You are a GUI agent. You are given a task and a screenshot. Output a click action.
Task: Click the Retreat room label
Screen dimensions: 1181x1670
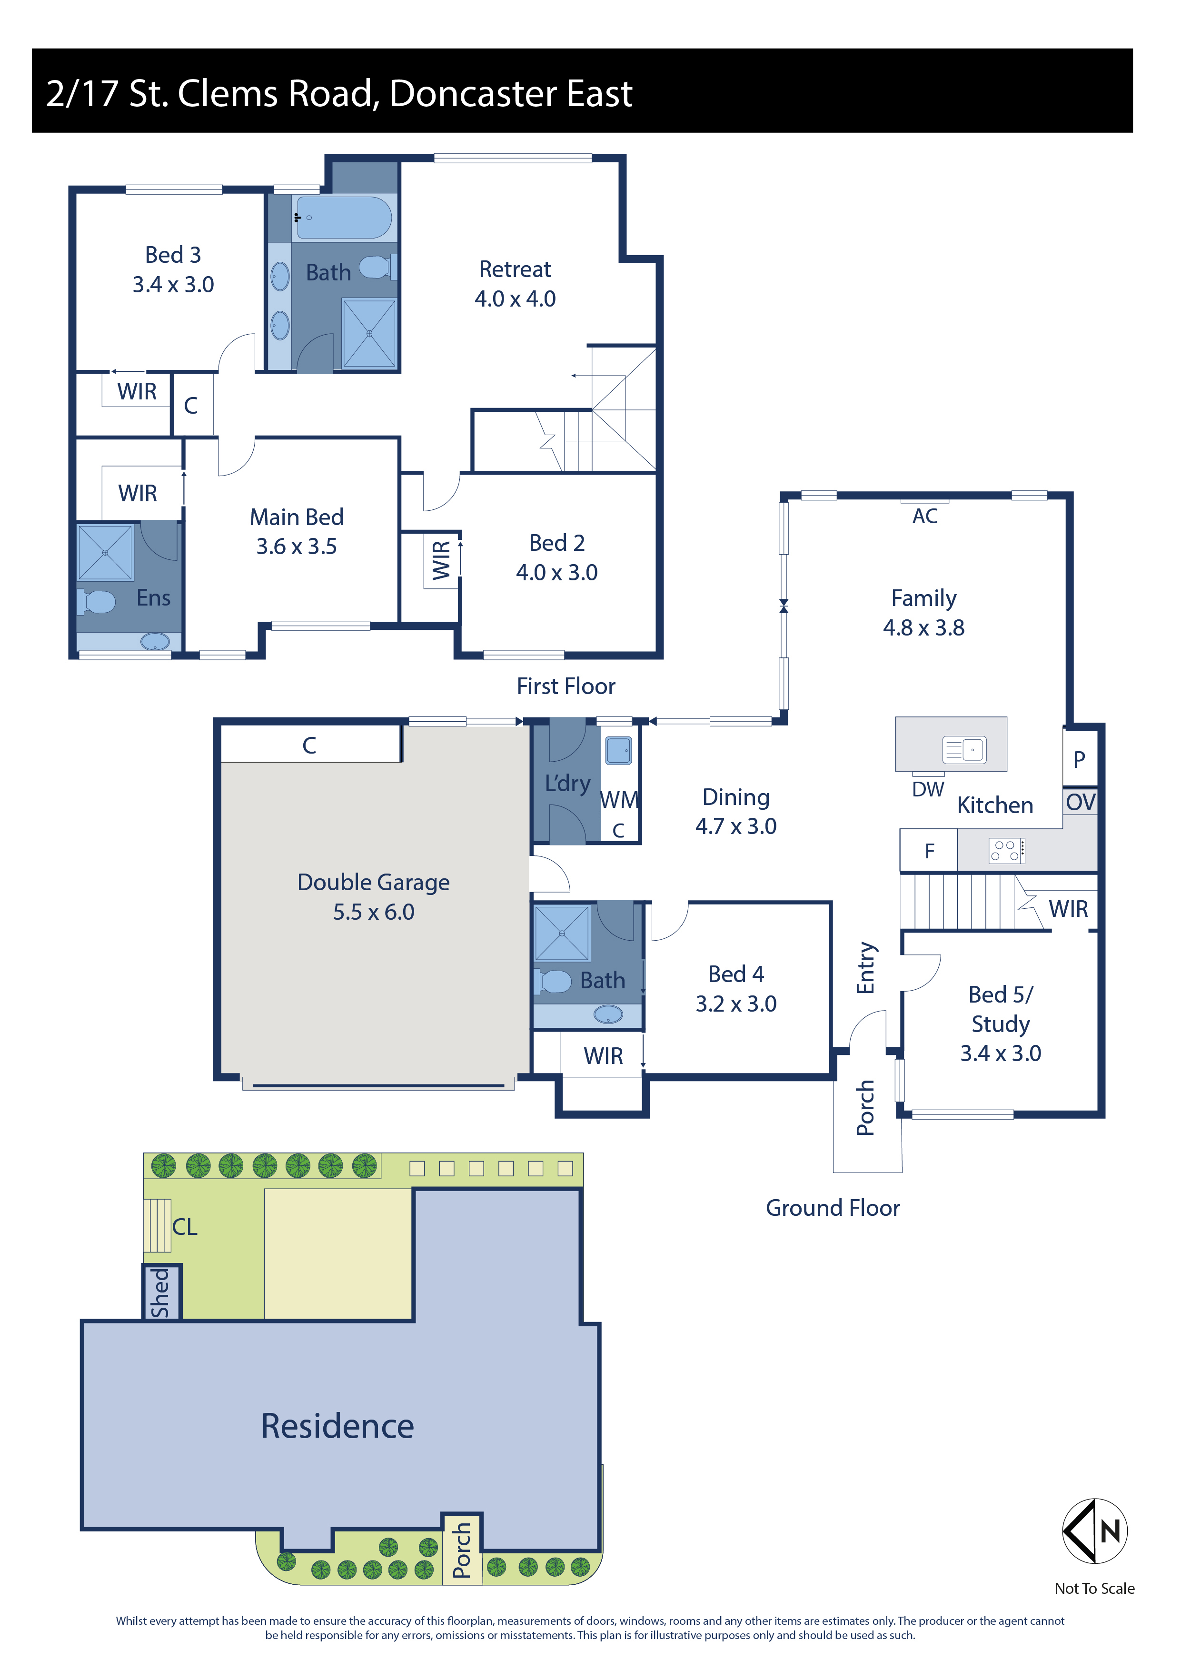515,269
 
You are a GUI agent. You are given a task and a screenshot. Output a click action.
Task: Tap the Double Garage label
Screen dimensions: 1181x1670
373,882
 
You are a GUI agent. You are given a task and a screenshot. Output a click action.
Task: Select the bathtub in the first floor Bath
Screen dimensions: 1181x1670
344,217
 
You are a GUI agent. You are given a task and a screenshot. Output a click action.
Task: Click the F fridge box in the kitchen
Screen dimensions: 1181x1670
929,850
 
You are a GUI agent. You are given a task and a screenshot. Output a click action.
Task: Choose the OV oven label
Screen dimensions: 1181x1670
1081,802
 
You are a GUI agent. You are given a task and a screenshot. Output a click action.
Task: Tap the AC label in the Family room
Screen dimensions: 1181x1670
924,517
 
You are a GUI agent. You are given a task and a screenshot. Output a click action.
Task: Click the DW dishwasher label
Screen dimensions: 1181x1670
928,789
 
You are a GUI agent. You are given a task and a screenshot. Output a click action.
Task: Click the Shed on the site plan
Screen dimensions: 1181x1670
161,1292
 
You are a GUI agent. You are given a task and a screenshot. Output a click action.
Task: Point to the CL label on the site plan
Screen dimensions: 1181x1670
184,1227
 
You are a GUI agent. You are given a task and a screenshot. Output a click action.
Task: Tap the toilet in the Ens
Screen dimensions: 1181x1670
97,602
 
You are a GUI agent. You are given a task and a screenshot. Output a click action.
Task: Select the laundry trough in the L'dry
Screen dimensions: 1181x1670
618,751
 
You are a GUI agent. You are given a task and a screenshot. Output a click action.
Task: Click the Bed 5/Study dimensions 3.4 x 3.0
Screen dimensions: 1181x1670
1001,1053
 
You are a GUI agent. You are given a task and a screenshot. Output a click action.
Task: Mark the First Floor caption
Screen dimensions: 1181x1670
566,686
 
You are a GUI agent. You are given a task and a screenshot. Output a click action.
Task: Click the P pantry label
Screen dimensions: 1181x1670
1079,759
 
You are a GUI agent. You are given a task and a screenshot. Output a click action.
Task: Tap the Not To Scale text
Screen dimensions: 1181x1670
1094,1589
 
